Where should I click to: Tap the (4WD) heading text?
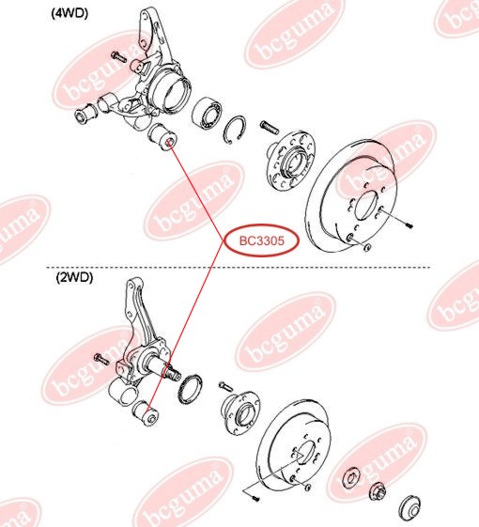73,16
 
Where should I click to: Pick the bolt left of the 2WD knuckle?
100,358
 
